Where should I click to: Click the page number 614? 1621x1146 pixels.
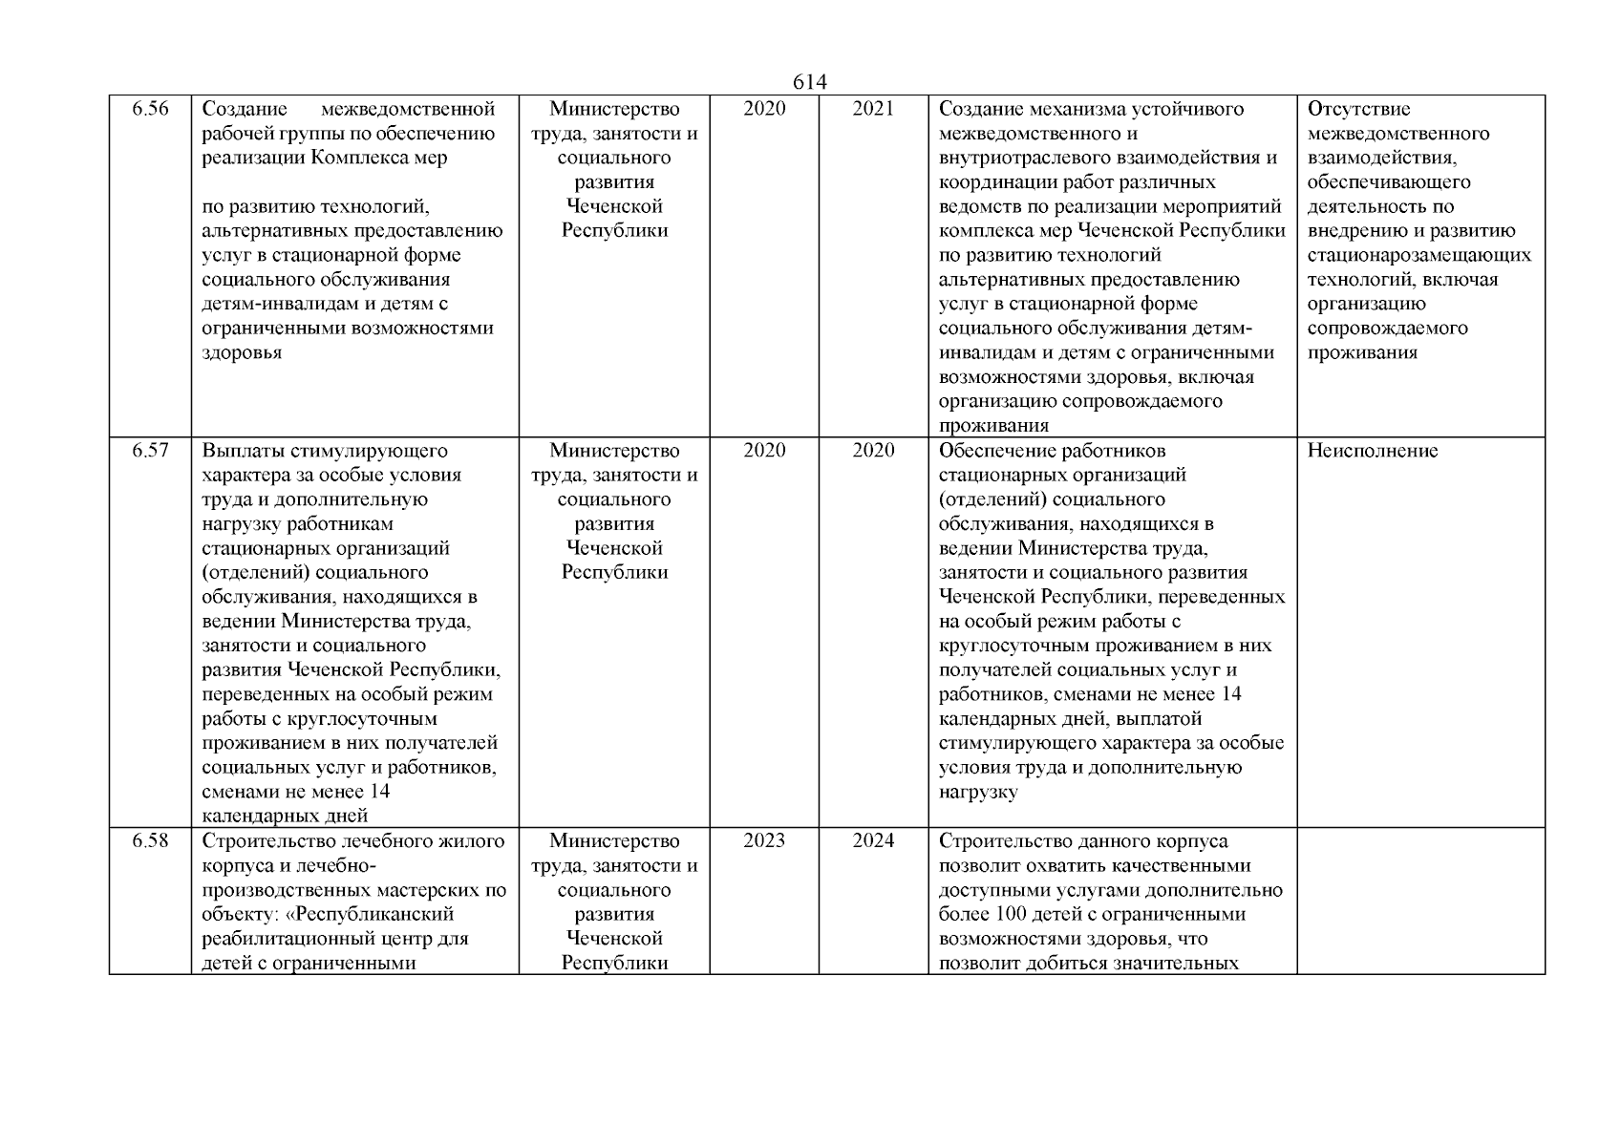click(809, 83)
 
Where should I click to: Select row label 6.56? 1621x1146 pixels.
click(150, 109)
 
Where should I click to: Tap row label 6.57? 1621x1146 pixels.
click(150, 451)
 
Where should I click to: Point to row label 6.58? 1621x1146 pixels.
click(150, 841)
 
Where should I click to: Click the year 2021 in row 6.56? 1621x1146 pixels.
click(872, 109)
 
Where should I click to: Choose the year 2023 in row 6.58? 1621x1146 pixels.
click(764, 841)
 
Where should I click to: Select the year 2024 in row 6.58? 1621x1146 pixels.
click(872, 841)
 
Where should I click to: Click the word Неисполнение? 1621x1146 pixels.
click(1372, 451)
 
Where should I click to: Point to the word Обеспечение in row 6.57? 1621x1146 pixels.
click(998, 451)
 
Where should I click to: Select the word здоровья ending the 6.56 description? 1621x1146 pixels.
click(242, 353)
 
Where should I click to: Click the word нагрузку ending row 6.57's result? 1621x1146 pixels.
click(978, 793)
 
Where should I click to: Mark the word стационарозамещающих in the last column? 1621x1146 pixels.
click(1418, 256)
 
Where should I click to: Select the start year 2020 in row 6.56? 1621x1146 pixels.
click(764, 109)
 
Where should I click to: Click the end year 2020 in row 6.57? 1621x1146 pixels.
click(872, 451)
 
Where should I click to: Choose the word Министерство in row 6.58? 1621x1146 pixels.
click(614, 841)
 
